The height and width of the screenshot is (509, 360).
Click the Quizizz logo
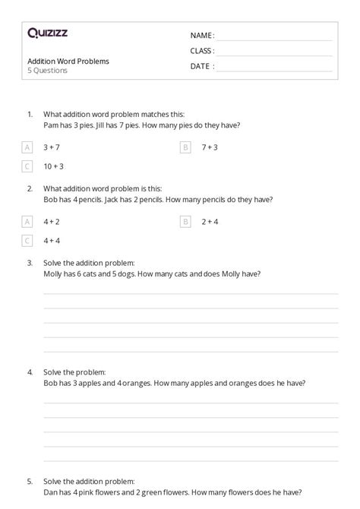47,33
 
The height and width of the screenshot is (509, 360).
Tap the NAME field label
202,36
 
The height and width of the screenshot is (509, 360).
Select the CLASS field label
202,51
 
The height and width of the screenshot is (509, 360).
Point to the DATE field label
202,66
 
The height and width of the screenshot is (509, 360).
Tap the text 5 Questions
47,71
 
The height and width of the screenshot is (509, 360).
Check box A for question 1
28,147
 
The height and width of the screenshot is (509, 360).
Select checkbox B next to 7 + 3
185,147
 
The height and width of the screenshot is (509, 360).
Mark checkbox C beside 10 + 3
28,166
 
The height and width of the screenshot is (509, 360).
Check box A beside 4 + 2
28,222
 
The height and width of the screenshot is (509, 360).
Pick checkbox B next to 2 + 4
185,222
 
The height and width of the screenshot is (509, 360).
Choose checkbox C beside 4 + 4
28,241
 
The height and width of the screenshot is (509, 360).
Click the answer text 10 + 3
53,166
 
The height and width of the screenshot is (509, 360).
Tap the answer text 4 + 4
52,241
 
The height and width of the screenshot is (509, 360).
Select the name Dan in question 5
51,491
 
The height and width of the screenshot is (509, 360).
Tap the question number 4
30,373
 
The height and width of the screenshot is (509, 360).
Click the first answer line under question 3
190,292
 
